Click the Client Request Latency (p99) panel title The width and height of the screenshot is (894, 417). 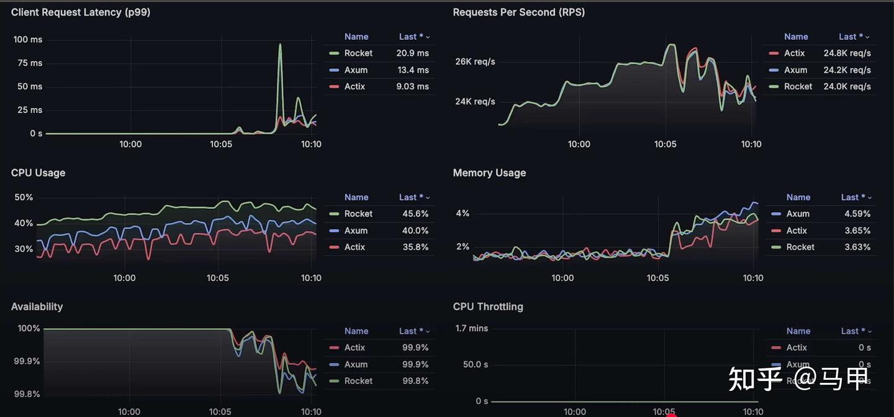81,12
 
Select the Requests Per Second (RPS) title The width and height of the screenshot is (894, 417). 518,12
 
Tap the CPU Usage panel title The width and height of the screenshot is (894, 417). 38,173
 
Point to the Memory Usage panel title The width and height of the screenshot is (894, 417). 489,173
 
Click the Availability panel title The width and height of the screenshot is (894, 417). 37,306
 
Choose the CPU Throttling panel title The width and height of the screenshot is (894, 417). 488,306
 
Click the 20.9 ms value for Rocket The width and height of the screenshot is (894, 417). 412,53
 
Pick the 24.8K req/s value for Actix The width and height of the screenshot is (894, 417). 847,53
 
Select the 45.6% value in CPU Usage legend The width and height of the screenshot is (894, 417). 415,214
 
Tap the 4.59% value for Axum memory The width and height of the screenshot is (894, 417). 857,214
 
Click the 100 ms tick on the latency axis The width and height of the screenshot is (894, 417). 28,40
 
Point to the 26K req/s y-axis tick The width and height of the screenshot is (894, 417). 475,62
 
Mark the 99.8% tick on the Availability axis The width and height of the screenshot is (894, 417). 27,394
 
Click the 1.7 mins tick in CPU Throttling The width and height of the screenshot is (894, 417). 471,328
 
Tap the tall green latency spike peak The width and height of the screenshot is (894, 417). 280,45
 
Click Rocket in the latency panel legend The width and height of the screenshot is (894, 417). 358,53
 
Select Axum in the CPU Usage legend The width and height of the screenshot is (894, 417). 356,231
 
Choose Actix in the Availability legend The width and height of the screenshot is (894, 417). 354,347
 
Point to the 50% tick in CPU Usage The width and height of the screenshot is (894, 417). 24,198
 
